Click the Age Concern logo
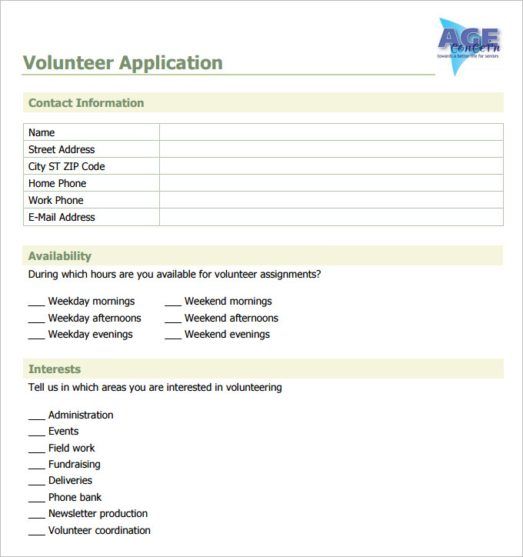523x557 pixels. click(468, 45)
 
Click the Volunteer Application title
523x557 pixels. click(123, 63)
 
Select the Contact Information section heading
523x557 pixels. click(86, 103)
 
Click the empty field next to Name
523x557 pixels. click(331, 132)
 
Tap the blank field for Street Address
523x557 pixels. click(331, 149)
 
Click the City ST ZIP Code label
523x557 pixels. click(67, 166)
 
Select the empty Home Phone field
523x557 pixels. click(331, 183)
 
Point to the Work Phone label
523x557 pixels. click(56, 200)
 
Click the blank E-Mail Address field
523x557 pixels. click(331, 217)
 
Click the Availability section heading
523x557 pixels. click(60, 256)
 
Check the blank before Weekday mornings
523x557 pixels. click(36, 302)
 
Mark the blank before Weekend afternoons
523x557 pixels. click(172, 319)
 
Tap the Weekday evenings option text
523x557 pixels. click(91, 335)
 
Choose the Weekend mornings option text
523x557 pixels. click(228, 302)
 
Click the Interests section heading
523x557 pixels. click(55, 369)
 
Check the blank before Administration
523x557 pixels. click(36, 416)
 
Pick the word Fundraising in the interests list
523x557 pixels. click(75, 465)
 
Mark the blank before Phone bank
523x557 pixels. click(36, 499)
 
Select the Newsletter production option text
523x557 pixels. click(98, 514)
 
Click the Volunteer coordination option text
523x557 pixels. click(99, 531)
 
